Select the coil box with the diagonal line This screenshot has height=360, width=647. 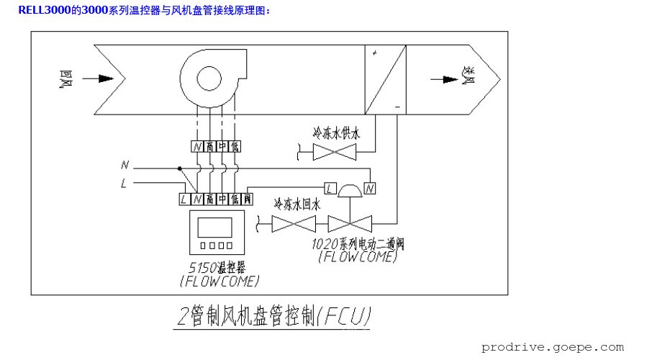click(x=385, y=79)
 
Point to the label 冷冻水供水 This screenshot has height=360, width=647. click(x=335, y=133)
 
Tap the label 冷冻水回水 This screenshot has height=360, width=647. click(x=295, y=204)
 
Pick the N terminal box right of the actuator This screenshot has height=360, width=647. click(x=370, y=189)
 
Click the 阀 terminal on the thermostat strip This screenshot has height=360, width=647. click(x=248, y=197)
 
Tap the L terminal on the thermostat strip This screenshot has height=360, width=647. click(x=184, y=197)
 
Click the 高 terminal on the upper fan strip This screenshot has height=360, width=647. click(x=209, y=146)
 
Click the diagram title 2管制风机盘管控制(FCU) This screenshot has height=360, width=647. click(x=273, y=316)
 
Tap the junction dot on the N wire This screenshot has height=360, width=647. click(x=179, y=168)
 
